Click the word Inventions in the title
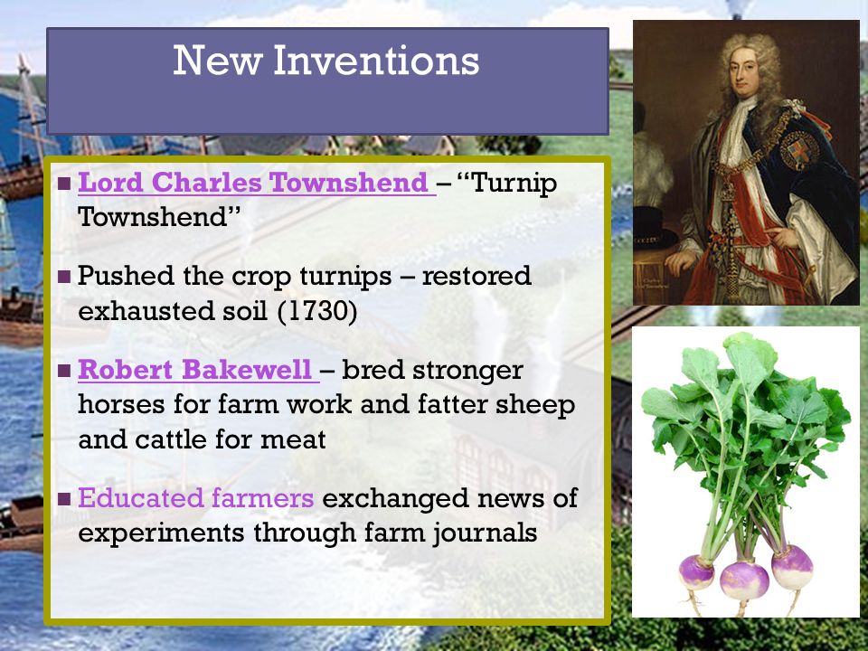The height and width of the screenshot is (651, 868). (376, 61)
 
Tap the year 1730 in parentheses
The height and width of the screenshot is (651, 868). (316, 310)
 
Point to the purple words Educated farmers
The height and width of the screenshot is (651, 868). (196, 497)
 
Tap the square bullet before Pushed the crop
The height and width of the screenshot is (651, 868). (64, 276)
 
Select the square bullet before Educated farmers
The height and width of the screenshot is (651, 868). (64, 499)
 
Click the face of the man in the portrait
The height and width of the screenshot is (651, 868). (744, 73)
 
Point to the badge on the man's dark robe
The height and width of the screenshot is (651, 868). (798, 149)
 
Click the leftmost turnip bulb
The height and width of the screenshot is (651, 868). (696, 573)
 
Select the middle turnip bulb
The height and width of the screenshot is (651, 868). (744, 580)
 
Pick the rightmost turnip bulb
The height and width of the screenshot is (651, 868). (792, 567)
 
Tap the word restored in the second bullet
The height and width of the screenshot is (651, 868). (476, 276)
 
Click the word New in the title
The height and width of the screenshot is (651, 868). (218, 61)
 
